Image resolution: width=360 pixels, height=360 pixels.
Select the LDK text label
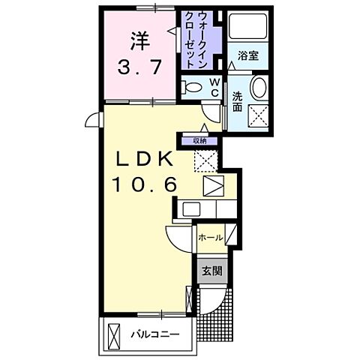[145, 160]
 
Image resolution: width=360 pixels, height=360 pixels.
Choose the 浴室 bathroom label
[250, 55]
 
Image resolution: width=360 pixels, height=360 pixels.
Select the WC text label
[214, 86]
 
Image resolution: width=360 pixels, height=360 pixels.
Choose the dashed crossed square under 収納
[205, 159]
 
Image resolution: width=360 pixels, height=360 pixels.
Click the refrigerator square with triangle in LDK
[213, 185]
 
